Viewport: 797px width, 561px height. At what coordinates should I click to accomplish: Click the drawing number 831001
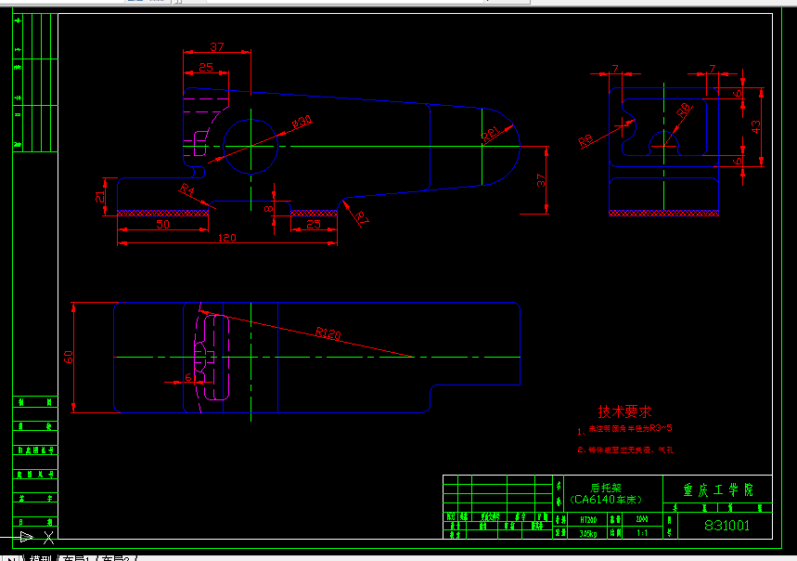[726, 526]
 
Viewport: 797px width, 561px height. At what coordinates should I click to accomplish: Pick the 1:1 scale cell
[642, 533]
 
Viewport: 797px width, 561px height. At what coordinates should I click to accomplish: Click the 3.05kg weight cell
[587, 533]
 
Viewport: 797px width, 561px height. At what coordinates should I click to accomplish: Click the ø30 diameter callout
[302, 121]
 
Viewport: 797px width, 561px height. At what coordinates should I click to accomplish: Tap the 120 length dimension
[226, 238]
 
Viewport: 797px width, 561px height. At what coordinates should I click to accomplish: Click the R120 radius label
[328, 332]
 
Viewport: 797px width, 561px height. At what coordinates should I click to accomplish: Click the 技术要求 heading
[624, 411]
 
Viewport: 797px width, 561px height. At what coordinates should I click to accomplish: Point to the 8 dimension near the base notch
[269, 209]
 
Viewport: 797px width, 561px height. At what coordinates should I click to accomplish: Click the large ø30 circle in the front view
[251, 145]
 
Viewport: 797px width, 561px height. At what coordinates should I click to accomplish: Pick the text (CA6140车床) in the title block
[607, 499]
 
